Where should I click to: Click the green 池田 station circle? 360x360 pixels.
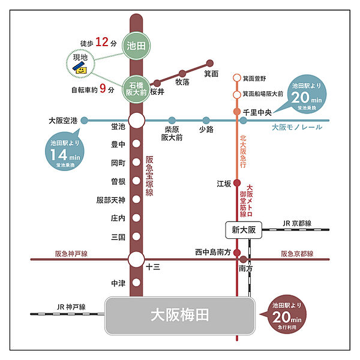click(x=137, y=44)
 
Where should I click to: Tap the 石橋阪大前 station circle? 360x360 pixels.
click(x=137, y=89)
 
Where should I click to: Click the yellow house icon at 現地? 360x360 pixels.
click(x=80, y=69)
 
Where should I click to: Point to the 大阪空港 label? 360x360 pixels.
click(x=64, y=120)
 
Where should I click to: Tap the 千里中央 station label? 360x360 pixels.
click(x=259, y=112)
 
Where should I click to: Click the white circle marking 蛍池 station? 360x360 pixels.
click(x=137, y=121)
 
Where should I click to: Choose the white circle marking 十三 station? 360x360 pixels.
click(x=137, y=259)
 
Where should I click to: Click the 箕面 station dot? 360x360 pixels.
click(x=210, y=63)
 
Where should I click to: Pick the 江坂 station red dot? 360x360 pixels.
click(x=236, y=184)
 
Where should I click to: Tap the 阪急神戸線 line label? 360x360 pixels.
click(x=71, y=254)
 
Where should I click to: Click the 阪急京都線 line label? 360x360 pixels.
click(x=296, y=254)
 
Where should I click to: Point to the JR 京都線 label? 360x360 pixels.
click(x=298, y=223)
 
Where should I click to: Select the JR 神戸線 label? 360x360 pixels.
click(x=68, y=305)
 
